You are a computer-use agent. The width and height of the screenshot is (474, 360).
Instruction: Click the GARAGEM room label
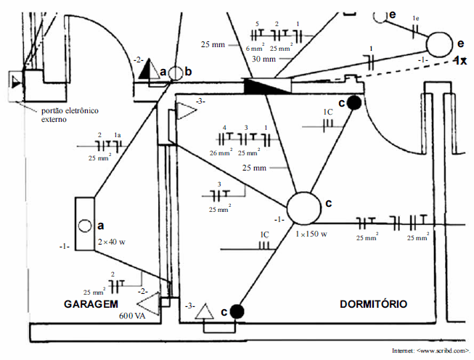91,304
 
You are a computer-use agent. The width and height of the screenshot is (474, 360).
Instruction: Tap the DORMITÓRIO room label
373,304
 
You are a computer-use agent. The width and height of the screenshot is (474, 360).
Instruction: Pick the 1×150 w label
311,234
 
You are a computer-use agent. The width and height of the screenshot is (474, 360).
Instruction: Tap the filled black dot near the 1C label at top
354,102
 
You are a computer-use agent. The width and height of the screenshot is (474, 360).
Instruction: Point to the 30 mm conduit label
263,59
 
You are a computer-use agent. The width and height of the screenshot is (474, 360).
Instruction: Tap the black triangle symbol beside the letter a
148,70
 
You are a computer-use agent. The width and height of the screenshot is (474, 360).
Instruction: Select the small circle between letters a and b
175,73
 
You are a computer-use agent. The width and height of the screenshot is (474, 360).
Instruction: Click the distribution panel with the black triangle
266,85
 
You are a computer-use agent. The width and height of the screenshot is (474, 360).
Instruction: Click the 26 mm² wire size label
221,153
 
